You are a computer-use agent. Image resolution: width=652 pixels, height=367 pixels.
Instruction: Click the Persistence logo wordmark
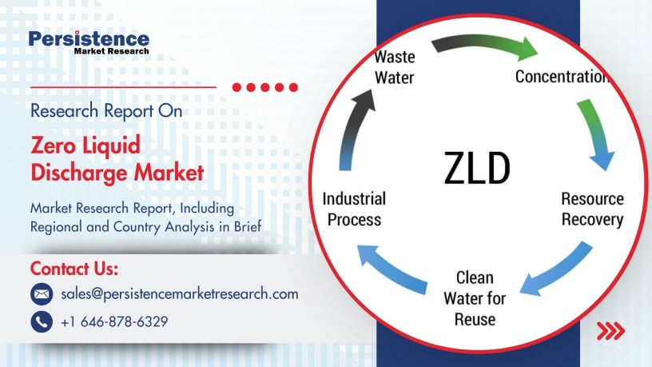pos(88,39)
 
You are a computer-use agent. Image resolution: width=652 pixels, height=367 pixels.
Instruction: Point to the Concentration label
pos(563,77)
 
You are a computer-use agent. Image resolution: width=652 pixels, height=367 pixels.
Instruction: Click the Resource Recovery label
pos(592,209)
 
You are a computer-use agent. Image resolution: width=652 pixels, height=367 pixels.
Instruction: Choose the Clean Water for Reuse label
pos(475,298)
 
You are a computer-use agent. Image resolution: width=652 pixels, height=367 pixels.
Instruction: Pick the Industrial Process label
pos(353,209)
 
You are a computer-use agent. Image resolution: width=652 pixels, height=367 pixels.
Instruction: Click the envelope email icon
pos(41,294)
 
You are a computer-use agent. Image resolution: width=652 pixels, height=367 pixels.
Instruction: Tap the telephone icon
pos(41,321)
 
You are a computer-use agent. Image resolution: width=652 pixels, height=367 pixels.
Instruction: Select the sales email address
pos(180,293)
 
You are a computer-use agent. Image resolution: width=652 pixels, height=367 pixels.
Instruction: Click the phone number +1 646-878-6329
pos(114,321)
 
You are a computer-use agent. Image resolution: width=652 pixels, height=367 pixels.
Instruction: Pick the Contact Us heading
pos(74,267)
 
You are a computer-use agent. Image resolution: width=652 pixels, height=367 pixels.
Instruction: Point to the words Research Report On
pos(106,111)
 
